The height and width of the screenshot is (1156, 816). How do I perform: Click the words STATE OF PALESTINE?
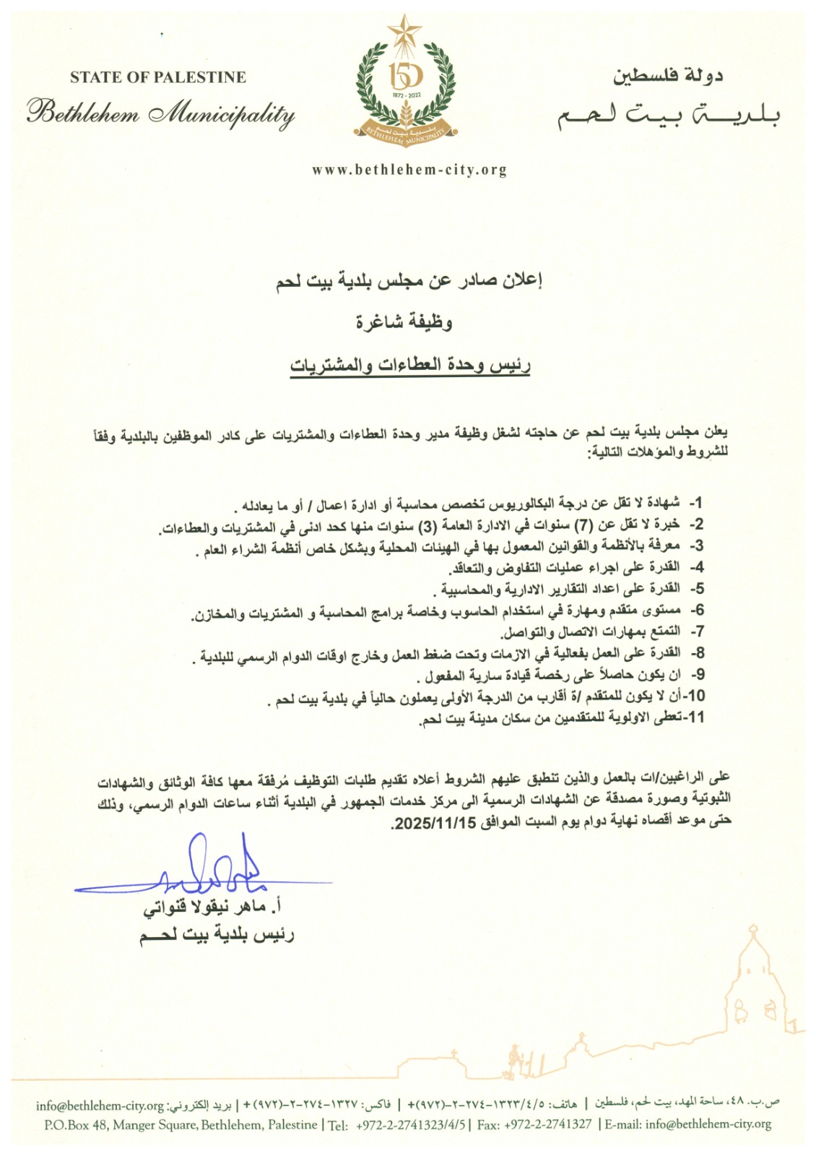[x=158, y=77]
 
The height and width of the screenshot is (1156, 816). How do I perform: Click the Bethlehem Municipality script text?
[x=161, y=114]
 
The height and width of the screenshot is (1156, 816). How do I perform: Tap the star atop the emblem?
[x=404, y=31]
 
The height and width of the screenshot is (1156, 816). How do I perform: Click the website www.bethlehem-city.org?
[x=409, y=171]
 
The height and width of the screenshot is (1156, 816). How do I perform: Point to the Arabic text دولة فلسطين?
[x=668, y=76]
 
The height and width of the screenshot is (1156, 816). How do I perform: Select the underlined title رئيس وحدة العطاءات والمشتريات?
[x=410, y=365]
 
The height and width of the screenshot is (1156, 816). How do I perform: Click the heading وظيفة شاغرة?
[x=404, y=322]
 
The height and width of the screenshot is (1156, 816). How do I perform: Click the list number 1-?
[x=695, y=502]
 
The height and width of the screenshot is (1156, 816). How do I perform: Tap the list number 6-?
[x=695, y=611]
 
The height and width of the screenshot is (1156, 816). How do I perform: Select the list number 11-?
[x=695, y=717]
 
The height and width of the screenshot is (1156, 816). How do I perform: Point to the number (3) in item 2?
[x=430, y=524]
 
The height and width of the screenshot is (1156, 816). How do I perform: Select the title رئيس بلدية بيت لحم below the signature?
[x=217, y=936]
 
